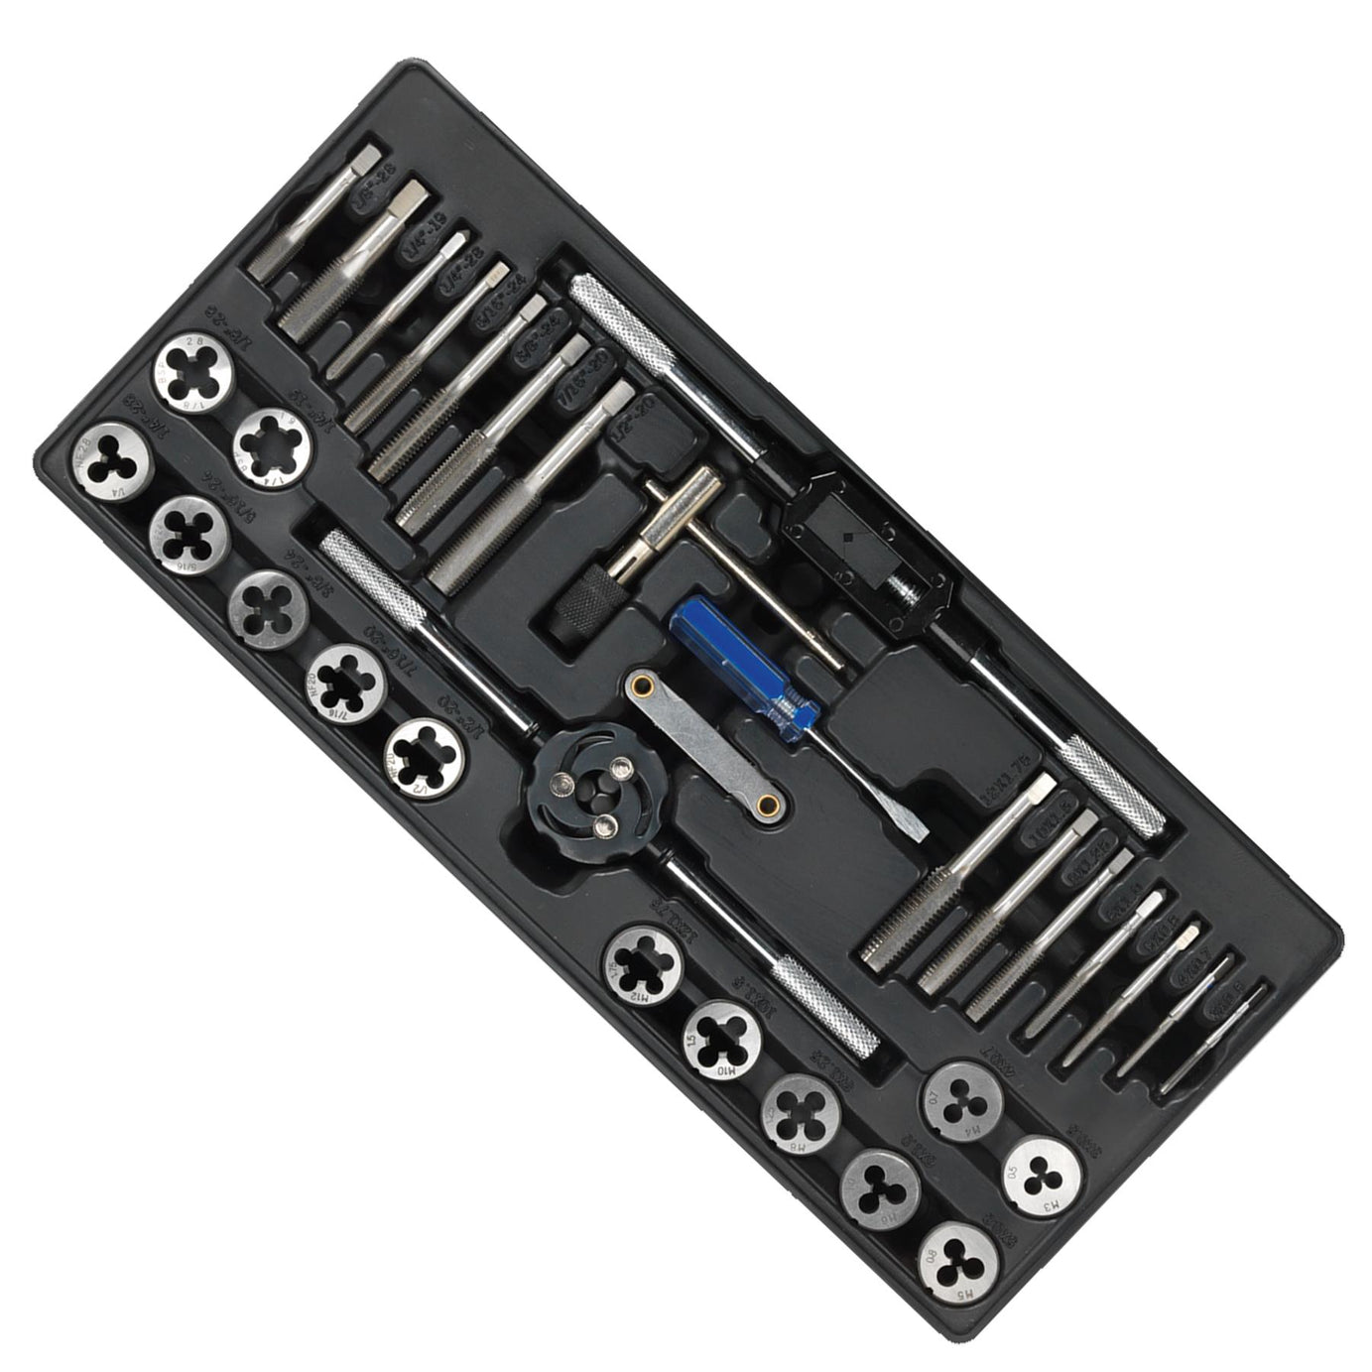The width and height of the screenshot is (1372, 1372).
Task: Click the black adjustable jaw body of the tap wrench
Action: (x=863, y=541)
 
